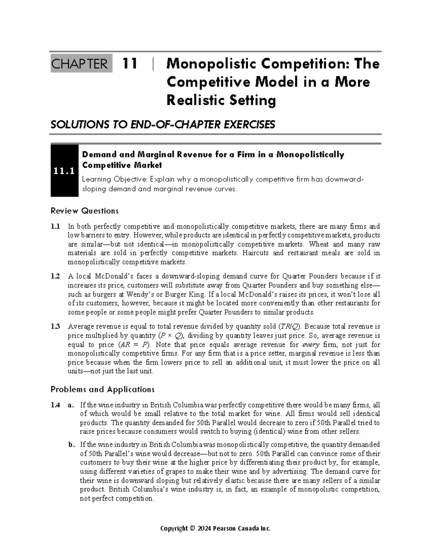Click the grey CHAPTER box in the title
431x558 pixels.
click(81, 64)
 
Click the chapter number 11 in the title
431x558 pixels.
click(130, 64)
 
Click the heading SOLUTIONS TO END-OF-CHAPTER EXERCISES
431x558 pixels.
click(163, 125)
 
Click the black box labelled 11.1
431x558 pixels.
click(65, 171)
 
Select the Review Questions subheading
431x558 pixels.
click(84, 211)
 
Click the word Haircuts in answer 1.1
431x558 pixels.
click(255, 253)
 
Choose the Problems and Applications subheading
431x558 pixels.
click(102, 389)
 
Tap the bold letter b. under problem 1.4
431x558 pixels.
click(71, 445)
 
